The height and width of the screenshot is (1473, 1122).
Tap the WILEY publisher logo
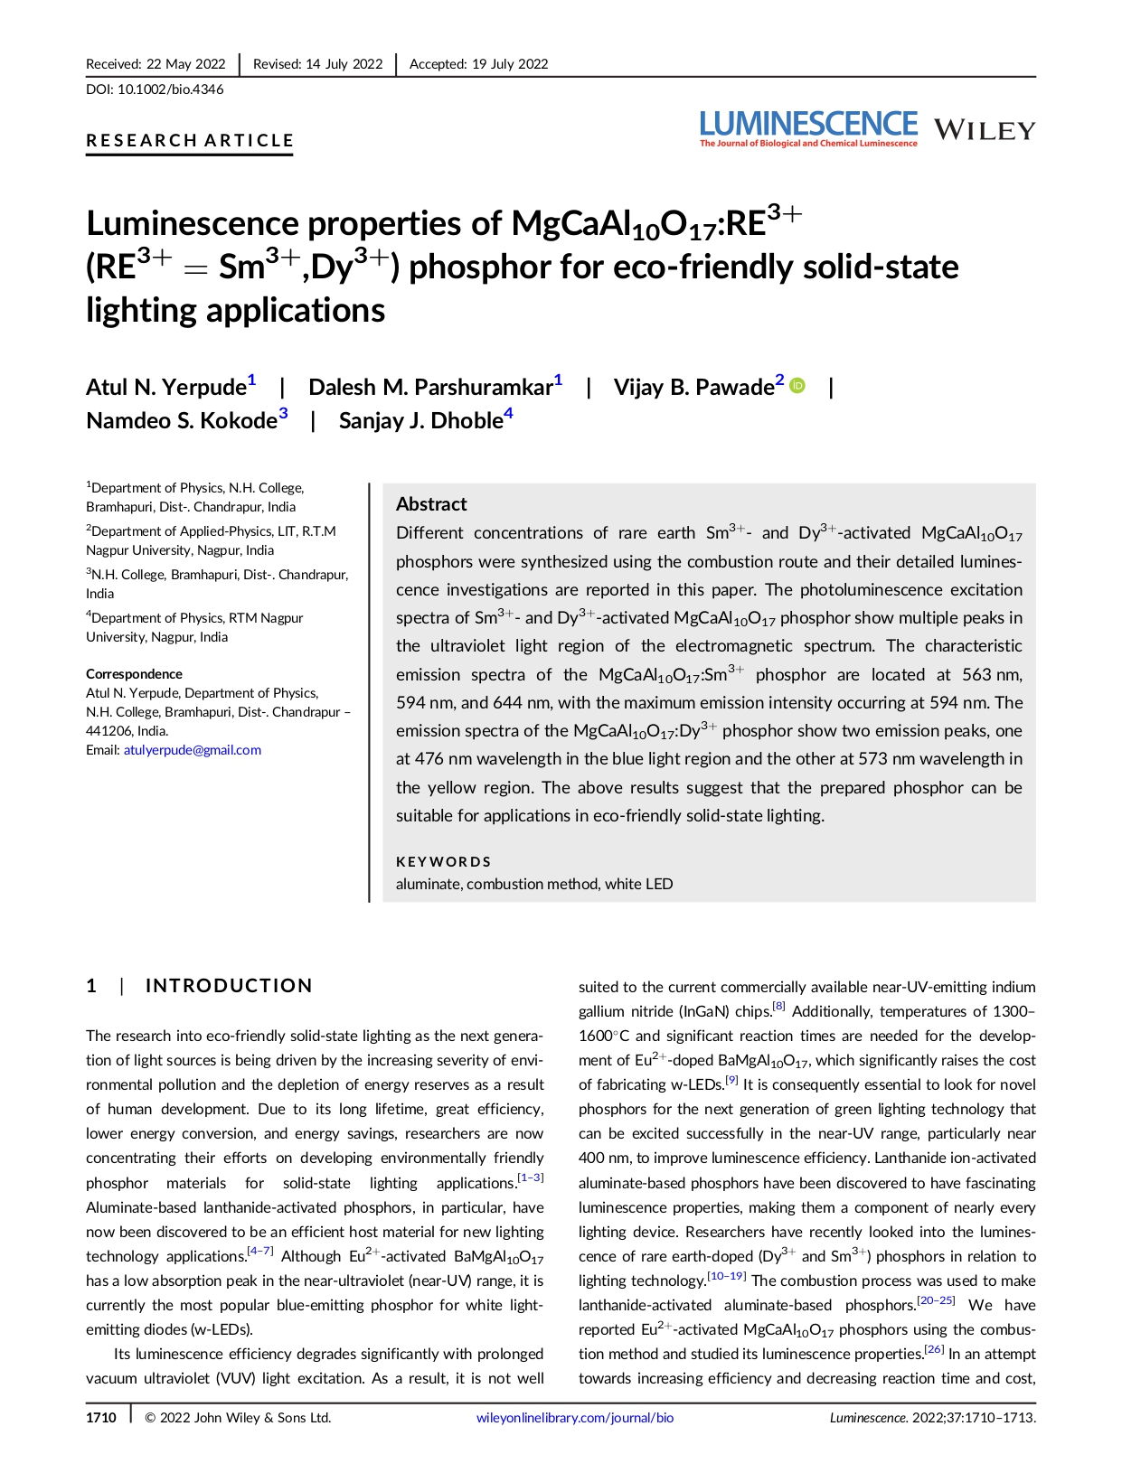[x=984, y=131]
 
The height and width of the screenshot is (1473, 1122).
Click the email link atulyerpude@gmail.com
[x=193, y=750]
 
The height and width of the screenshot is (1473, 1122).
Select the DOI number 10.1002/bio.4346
[x=171, y=89]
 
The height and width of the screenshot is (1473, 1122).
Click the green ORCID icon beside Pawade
[x=797, y=386]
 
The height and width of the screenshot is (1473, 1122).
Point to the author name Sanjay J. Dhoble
[x=420, y=421]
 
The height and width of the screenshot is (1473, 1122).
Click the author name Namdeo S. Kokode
[x=181, y=421]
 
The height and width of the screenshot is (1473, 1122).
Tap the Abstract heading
[x=431, y=504]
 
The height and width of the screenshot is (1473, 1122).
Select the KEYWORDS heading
[x=443, y=862]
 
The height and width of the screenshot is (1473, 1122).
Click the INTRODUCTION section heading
[x=229, y=986]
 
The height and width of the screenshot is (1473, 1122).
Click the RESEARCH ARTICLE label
[x=190, y=141]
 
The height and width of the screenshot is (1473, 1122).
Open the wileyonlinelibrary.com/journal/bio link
[x=575, y=1418]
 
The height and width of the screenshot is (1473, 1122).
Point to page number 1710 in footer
[x=101, y=1418]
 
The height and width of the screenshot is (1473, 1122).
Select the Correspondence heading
[x=134, y=674]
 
